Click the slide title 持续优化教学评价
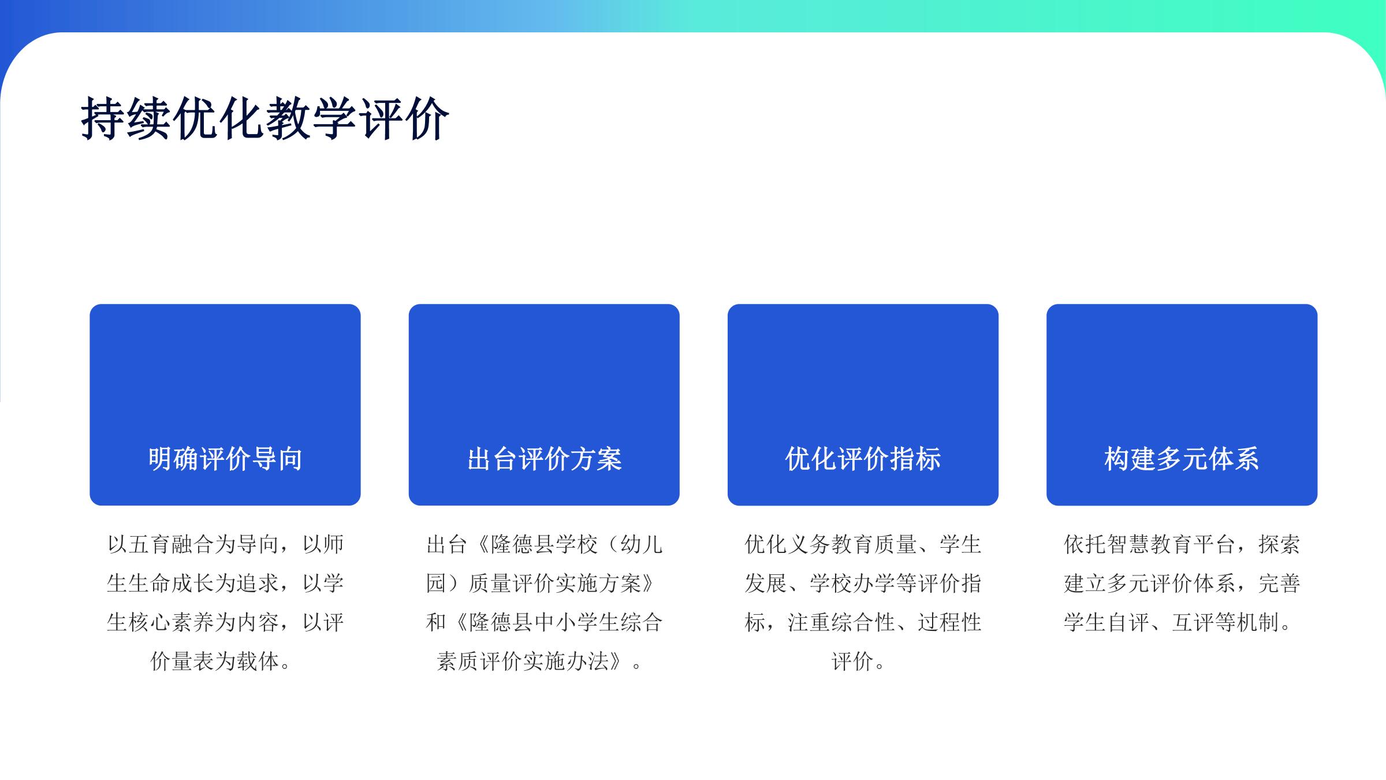pyautogui.click(x=265, y=118)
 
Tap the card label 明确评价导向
pyautogui.click(x=225, y=459)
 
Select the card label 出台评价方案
pyautogui.click(x=544, y=459)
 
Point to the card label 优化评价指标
pyautogui.click(x=863, y=459)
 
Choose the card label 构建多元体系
pyautogui.click(x=1182, y=459)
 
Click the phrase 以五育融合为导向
pyautogui.click(x=193, y=544)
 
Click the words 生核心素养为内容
pyautogui.click(x=193, y=622)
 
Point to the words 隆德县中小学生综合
pyautogui.click(x=565, y=622)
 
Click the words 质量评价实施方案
pyautogui.click(x=554, y=584)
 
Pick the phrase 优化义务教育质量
pyautogui.click(x=831, y=544)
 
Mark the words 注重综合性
pyautogui.click(x=841, y=622)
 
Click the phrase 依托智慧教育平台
pyautogui.click(x=1150, y=544)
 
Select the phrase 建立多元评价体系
pyautogui.click(x=1150, y=584)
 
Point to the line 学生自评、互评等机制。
pyautogui.click(x=1178, y=622)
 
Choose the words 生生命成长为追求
pyautogui.click(x=193, y=584)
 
